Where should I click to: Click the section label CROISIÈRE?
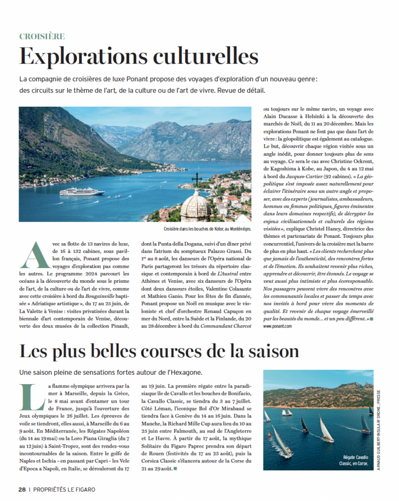[42, 36]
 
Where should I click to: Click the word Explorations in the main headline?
[78, 57]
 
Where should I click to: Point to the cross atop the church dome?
[196, 179]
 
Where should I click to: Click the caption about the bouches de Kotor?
[207, 228]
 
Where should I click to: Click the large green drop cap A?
[30, 255]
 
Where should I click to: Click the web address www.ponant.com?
[278, 326]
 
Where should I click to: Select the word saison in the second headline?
[267, 351]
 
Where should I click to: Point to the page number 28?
[22, 489]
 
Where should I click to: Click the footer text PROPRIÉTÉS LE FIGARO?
[64, 489]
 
